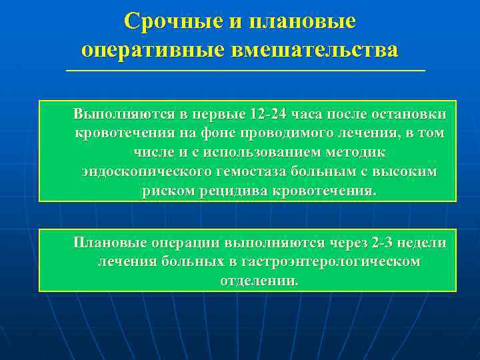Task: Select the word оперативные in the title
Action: [x=154, y=49]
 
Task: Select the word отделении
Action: [x=259, y=281]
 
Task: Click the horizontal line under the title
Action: [x=245, y=70]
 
